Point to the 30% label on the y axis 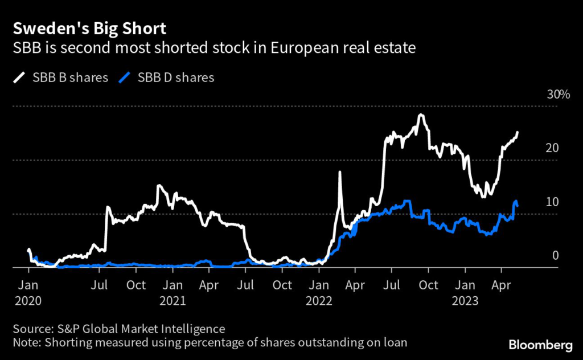558,95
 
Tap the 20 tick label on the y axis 552,148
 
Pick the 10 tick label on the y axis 552,202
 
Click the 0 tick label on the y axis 555,256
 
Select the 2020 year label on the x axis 28,301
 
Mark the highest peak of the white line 421,115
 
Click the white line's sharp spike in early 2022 340,173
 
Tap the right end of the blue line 517,205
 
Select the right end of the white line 518,133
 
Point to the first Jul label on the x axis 100,285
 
